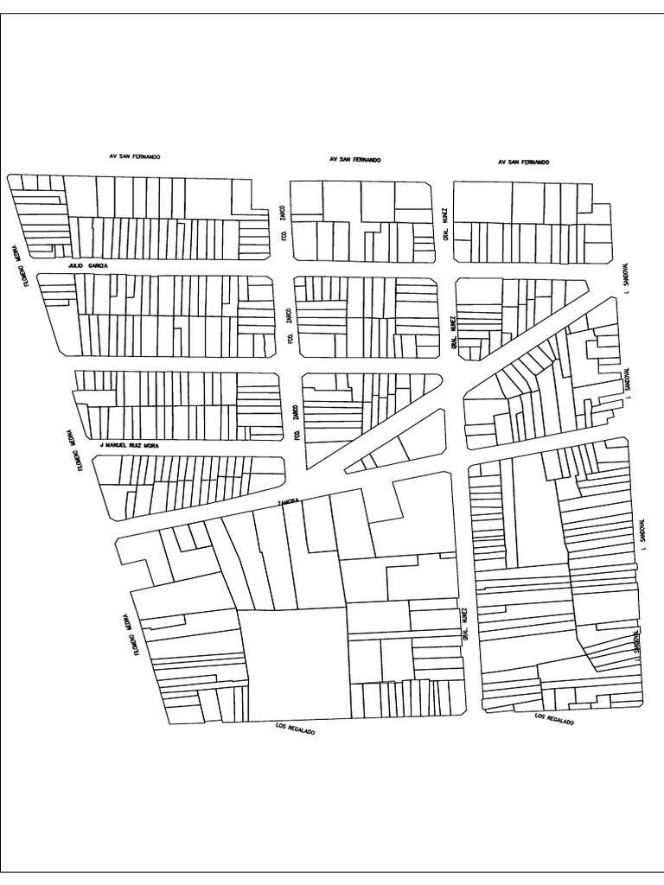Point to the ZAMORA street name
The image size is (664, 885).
click(288, 501)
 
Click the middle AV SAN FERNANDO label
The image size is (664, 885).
click(354, 160)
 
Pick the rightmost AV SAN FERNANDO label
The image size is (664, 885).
click(523, 162)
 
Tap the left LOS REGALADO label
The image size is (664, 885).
click(294, 729)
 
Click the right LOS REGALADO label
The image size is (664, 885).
click(553, 718)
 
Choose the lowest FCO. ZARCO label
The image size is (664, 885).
click(297, 423)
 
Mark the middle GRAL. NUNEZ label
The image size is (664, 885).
click(452, 333)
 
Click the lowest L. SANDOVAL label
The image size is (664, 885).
click(638, 644)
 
